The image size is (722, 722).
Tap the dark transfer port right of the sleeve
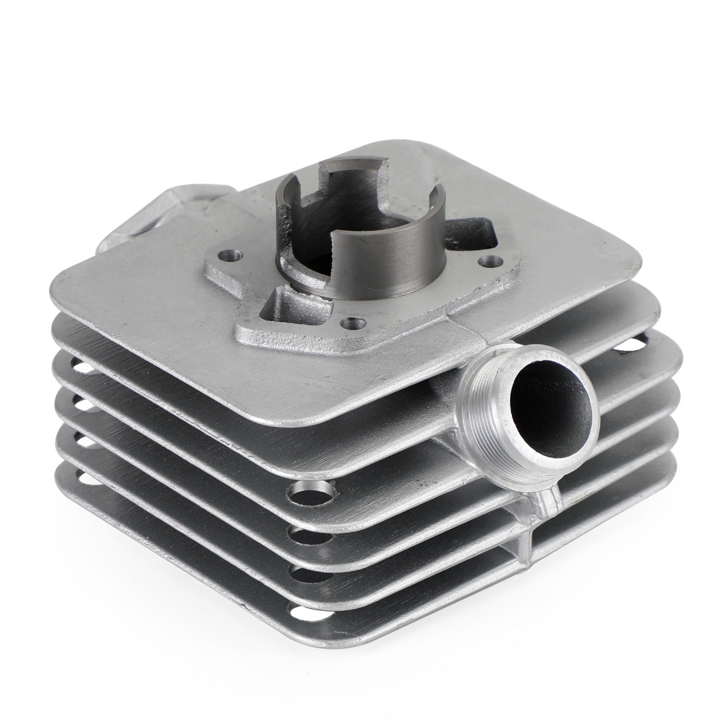click(x=478, y=230)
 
